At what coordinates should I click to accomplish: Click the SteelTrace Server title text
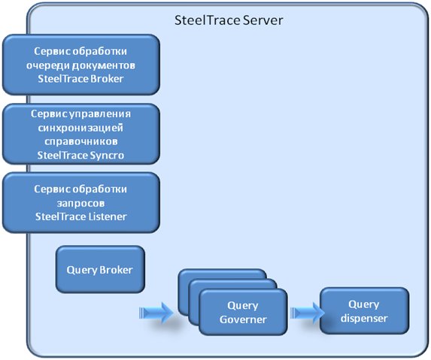[x=229, y=20]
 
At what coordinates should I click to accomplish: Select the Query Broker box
[x=100, y=269]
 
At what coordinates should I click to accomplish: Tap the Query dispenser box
[x=364, y=311]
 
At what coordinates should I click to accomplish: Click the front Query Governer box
[x=243, y=312]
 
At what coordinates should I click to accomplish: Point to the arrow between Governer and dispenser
[x=308, y=313]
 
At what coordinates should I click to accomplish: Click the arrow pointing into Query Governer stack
[x=156, y=313]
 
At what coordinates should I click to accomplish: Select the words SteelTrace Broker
[x=80, y=79]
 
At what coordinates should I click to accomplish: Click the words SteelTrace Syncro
[x=80, y=156]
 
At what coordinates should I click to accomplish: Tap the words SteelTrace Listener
[x=81, y=216]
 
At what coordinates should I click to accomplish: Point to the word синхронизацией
[x=80, y=128]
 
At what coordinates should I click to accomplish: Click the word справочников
[x=81, y=142]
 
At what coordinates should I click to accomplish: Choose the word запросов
[x=80, y=203]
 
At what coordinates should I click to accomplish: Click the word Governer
[x=243, y=319]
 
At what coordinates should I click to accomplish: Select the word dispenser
[x=364, y=319]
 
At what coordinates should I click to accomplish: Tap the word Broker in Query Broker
[x=116, y=270]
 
